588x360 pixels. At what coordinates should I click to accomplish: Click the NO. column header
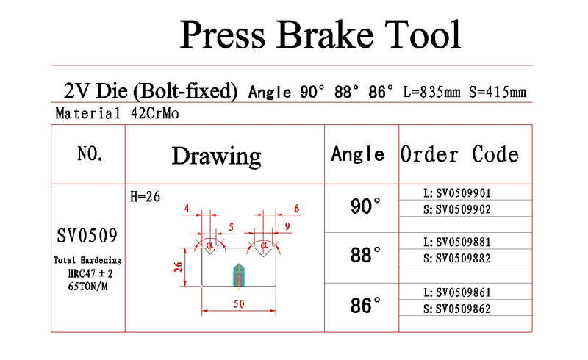click(x=90, y=154)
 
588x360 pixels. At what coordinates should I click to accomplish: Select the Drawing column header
click(x=216, y=156)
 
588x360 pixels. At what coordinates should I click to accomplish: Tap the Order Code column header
click(x=459, y=154)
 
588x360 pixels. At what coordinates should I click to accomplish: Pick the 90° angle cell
click(x=365, y=206)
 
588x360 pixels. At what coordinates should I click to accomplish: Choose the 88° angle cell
click(x=365, y=255)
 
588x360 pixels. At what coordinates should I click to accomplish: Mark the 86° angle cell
click(x=365, y=305)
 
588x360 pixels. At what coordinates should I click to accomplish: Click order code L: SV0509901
click(x=457, y=192)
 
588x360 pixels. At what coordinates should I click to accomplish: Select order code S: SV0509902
click(x=457, y=209)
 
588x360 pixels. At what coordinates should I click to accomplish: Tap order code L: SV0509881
click(x=457, y=242)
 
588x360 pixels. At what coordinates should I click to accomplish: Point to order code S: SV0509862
click(x=457, y=309)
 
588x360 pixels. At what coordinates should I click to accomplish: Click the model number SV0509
click(x=87, y=236)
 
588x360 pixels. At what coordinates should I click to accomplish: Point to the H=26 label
click(x=145, y=196)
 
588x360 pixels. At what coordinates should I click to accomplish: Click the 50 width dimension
click(x=239, y=303)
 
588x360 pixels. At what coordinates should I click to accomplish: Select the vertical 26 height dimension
click(x=179, y=267)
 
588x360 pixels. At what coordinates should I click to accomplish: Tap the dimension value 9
click(x=287, y=226)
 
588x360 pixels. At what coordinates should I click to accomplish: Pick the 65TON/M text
click(x=87, y=287)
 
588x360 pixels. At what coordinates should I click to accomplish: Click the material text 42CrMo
click(x=154, y=113)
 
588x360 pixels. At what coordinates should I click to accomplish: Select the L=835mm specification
click(x=431, y=92)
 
